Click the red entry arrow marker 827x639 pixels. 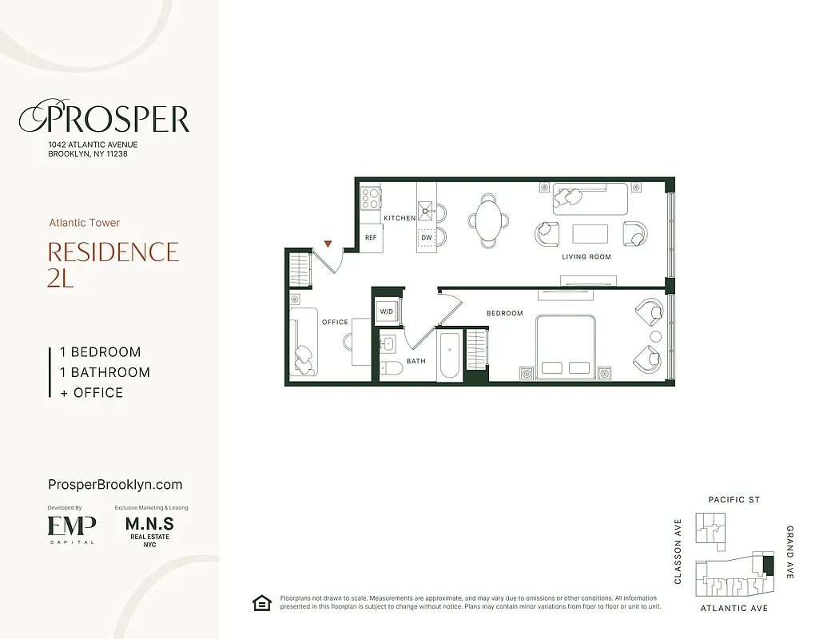(327, 243)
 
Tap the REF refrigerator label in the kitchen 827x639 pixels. (371, 238)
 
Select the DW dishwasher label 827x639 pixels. (426, 238)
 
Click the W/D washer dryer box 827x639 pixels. (387, 312)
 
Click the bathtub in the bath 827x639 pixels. (448, 356)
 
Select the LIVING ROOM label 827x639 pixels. (586, 257)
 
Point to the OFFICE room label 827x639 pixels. (335, 322)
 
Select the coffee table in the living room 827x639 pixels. (590, 234)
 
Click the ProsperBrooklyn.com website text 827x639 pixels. (115, 484)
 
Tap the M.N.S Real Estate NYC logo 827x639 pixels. (149, 529)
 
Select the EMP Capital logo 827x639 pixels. (72, 528)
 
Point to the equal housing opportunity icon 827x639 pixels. (260, 603)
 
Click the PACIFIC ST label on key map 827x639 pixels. (734, 500)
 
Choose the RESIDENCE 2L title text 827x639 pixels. (113, 264)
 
